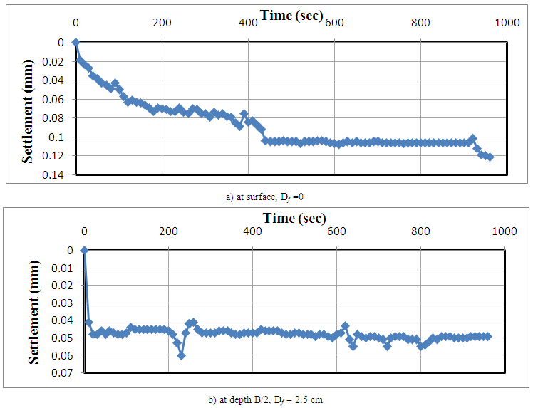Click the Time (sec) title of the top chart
point(291,15)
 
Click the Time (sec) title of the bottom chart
point(294,217)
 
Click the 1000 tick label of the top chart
point(507,23)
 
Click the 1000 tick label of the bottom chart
point(504,231)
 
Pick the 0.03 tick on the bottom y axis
point(63,303)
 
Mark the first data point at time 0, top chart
point(76,42)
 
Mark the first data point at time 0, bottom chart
point(84,250)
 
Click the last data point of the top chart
point(490,157)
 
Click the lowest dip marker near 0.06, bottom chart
point(181,355)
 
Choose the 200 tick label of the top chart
point(162,23)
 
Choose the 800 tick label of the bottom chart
point(420,231)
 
